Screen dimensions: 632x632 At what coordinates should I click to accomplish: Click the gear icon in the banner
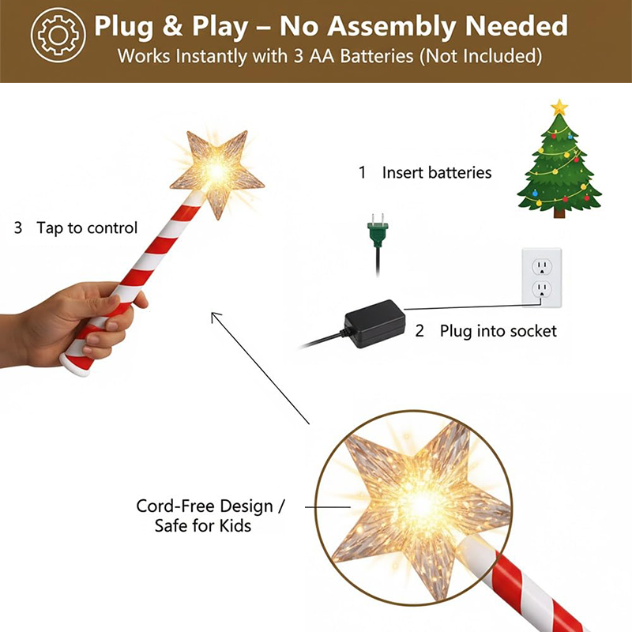(58, 35)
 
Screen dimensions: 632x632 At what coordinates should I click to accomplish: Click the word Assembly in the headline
(391, 27)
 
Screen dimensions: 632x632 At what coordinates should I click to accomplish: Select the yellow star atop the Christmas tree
(559, 107)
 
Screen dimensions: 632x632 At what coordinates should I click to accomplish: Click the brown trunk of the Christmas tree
(559, 212)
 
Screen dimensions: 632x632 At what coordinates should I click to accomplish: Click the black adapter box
(374, 323)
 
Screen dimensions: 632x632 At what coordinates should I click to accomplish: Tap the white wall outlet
(542, 277)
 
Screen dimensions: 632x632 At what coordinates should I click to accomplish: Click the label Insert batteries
(437, 172)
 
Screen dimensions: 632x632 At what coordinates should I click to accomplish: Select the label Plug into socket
(498, 331)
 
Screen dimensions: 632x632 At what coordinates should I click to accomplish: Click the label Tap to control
(87, 228)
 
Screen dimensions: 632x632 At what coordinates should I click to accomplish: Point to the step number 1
(363, 172)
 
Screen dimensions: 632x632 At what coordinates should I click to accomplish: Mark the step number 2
(419, 331)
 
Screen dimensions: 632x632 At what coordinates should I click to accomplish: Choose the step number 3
(18, 228)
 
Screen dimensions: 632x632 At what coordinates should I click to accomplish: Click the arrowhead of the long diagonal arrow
(214, 315)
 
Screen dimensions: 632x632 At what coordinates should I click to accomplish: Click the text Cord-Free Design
(205, 506)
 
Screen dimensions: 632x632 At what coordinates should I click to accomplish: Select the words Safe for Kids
(203, 526)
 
